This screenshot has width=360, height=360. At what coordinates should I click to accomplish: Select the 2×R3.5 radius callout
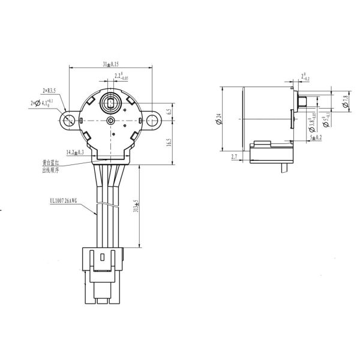point(49,91)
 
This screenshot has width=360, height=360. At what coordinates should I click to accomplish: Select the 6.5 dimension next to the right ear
point(169,111)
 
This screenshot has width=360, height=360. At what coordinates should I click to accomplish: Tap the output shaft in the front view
point(112,100)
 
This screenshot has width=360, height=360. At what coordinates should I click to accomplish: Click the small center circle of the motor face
point(110,121)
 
